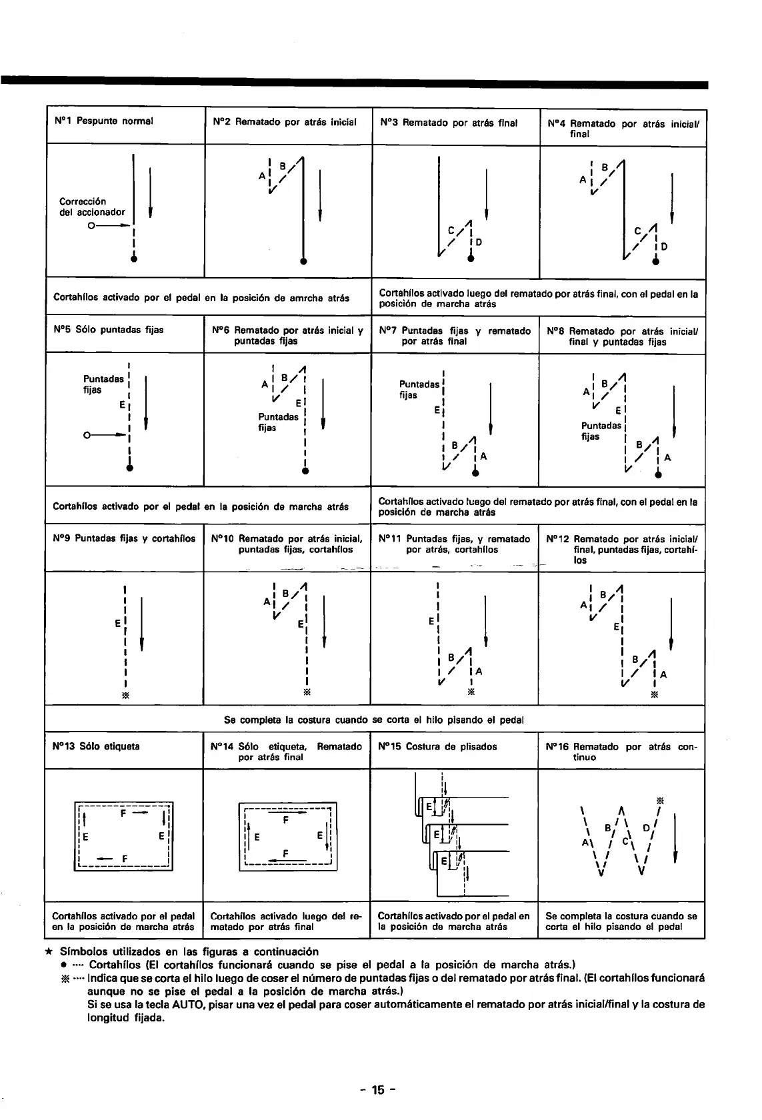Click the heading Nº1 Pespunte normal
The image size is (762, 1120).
pyautogui.click(x=103, y=121)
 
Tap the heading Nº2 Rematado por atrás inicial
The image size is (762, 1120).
pyautogui.click(x=285, y=122)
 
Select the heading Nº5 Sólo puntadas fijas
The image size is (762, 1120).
pyautogui.click(x=108, y=330)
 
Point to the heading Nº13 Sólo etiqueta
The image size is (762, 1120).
pyautogui.click(x=96, y=746)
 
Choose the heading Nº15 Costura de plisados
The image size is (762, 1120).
pyautogui.click(x=437, y=746)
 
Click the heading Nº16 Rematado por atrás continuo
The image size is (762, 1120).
pyautogui.click(x=621, y=752)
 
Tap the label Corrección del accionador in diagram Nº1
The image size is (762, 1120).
pyautogui.click(x=92, y=207)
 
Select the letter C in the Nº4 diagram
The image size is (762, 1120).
pyautogui.click(x=637, y=231)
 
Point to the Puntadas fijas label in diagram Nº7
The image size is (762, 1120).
pyautogui.click(x=418, y=390)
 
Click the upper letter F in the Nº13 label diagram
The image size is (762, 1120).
pyautogui.click(x=123, y=814)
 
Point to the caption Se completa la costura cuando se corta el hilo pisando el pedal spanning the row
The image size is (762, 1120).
pyautogui.click(x=374, y=720)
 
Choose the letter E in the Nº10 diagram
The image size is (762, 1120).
pyautogui.click(x=301, y=624)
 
